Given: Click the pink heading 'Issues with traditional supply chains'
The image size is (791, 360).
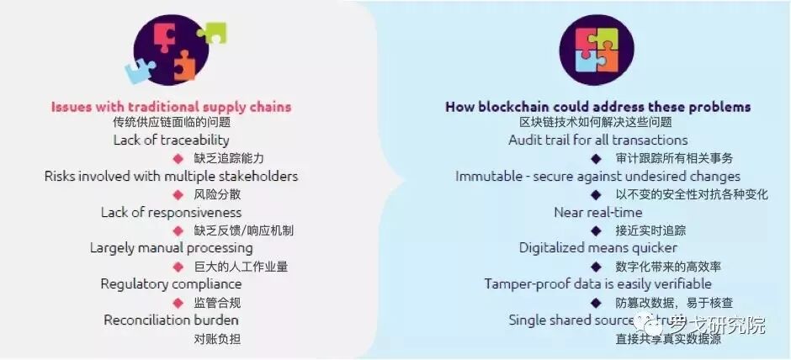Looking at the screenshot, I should (171, 107).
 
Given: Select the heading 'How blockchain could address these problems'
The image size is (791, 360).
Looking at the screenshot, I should (597, 107).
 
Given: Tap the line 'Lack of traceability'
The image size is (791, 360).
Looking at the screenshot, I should (171, 140).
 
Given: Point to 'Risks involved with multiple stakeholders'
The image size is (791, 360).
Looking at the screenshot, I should (171, 176).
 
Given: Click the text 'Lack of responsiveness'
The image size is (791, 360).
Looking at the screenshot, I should (171, 212).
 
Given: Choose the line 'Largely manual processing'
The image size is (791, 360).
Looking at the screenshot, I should (171, 248).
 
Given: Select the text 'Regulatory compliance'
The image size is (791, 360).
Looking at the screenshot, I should (171, 284).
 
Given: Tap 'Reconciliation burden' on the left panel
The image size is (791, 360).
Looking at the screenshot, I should (171, 320).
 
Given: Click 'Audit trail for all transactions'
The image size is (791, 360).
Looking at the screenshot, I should (597, 140).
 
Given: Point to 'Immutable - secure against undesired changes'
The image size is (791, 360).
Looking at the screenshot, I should (597, 176).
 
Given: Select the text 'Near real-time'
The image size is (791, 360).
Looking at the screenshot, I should (597, 212).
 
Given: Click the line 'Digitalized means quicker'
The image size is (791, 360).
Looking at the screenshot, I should (597, 248).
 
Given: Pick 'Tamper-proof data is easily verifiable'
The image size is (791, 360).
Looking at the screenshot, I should (597, 284).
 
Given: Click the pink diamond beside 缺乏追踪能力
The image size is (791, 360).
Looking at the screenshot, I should (178, 158).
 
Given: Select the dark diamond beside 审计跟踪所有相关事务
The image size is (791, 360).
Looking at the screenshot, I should (596, 158).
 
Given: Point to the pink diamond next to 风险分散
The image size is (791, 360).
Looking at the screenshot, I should (178, 194).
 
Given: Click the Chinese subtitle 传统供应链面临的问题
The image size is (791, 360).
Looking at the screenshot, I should (171, 123).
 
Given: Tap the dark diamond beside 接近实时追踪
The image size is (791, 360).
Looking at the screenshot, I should (596, 230).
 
